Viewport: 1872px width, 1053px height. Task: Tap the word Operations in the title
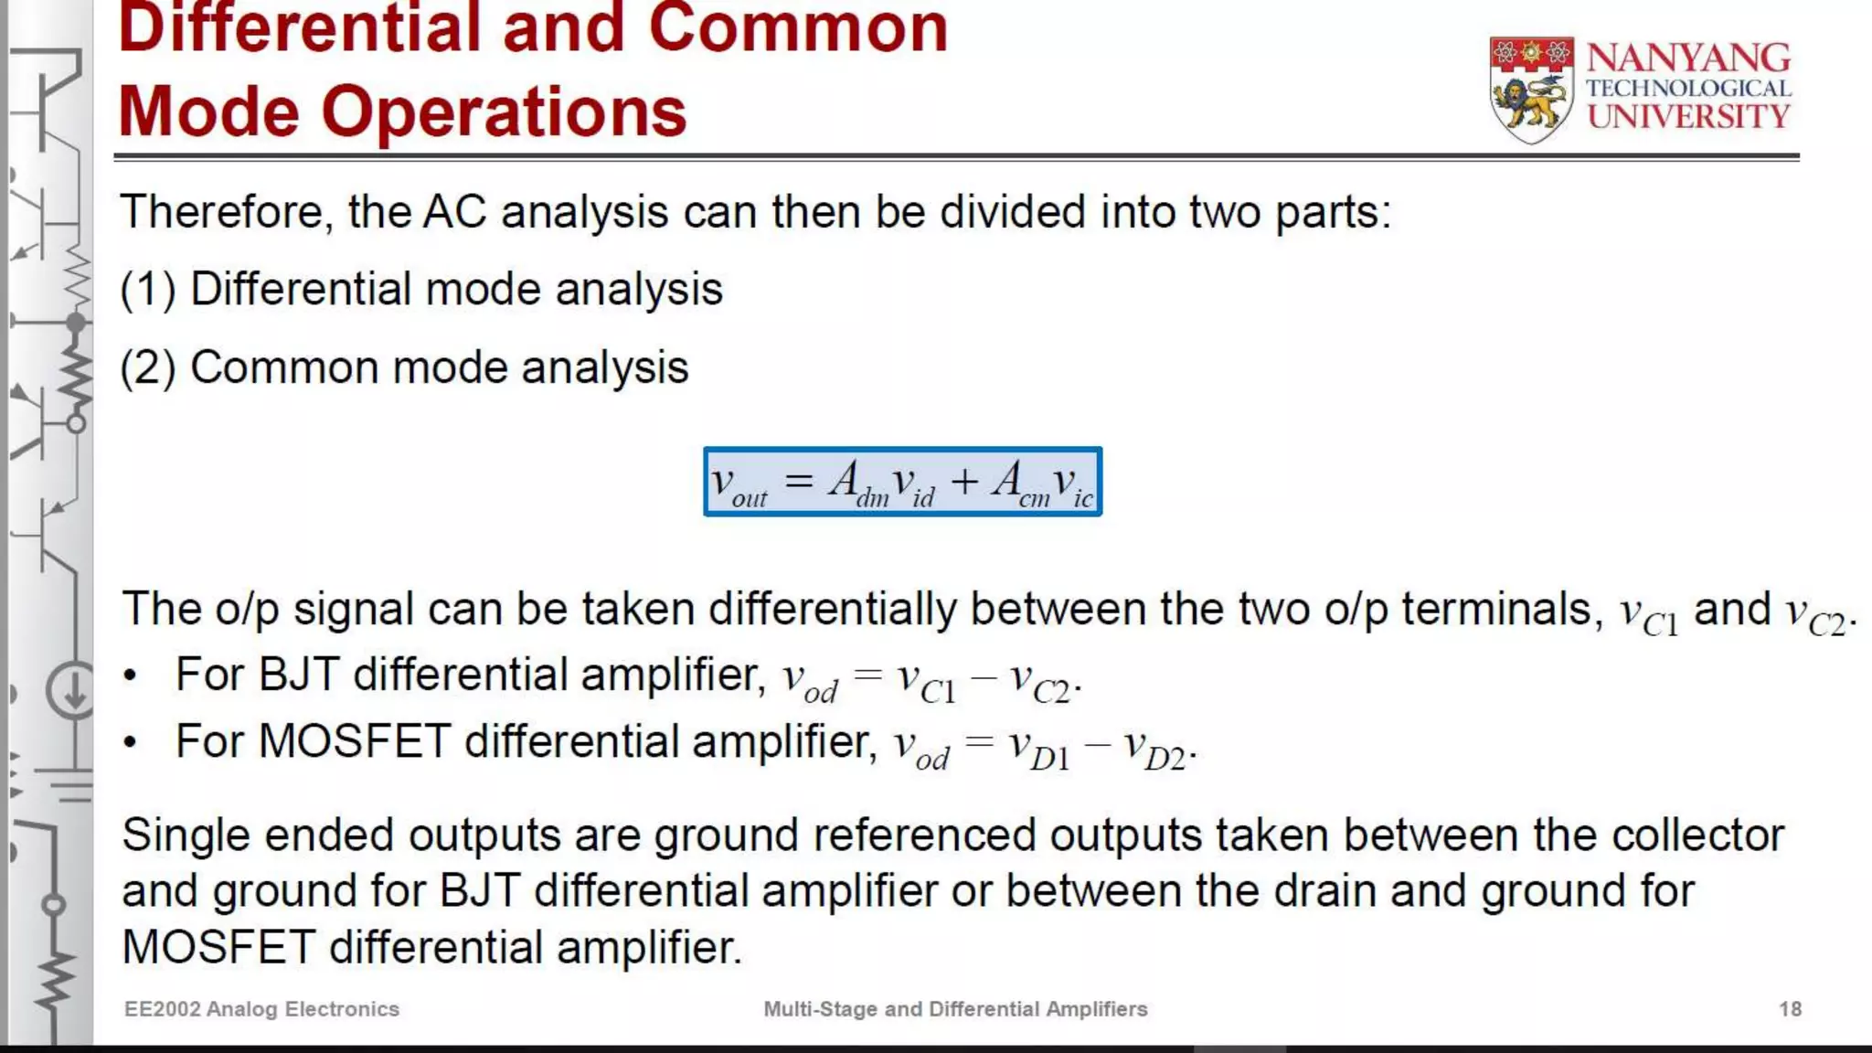(x=503, y=112)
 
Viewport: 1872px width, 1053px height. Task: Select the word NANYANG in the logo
(x=1688, y=58)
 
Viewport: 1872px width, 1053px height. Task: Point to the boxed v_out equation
(x=902, y=482)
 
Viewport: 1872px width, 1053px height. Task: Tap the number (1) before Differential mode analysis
(x=147, y=291)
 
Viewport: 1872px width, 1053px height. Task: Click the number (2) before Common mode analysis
(x=147, y=368)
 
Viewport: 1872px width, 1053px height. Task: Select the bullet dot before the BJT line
(x=131, y=676)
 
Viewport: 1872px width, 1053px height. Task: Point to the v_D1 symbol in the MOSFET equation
(x=1039, y=750)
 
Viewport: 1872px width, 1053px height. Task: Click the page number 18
(x=1790, y=1009)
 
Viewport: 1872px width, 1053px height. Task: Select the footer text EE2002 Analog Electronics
(x=261, y=1009)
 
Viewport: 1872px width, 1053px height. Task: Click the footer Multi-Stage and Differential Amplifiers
(x=955, y=1009)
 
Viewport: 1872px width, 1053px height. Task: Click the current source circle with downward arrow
(x=71, y=691)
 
